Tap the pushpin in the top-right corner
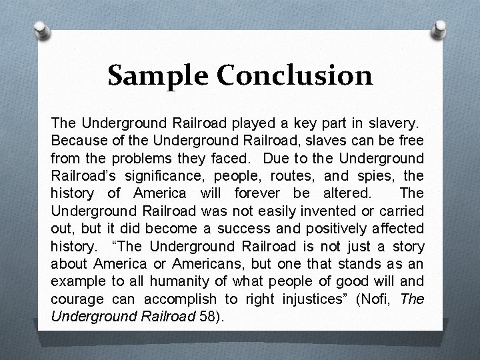[440, 29]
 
